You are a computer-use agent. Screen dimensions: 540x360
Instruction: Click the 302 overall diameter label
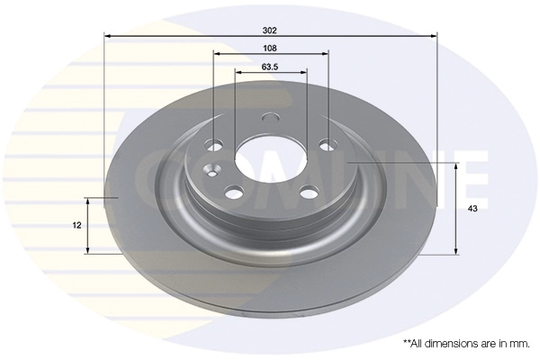[270, 31]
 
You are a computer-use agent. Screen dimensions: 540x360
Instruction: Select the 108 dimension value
[270, 49]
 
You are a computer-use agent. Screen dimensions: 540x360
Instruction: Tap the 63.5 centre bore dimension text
[270, 67]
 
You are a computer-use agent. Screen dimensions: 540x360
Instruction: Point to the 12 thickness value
[77, 226]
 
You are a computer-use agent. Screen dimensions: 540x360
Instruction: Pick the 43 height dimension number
[472, 209]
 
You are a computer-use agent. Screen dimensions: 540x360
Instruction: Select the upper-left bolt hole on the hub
[213, 145]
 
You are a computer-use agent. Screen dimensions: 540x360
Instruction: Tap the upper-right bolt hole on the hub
[328, 145]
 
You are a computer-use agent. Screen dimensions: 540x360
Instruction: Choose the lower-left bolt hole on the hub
[235, 193]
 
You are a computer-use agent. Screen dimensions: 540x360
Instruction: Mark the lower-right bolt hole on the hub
[310, 192]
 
